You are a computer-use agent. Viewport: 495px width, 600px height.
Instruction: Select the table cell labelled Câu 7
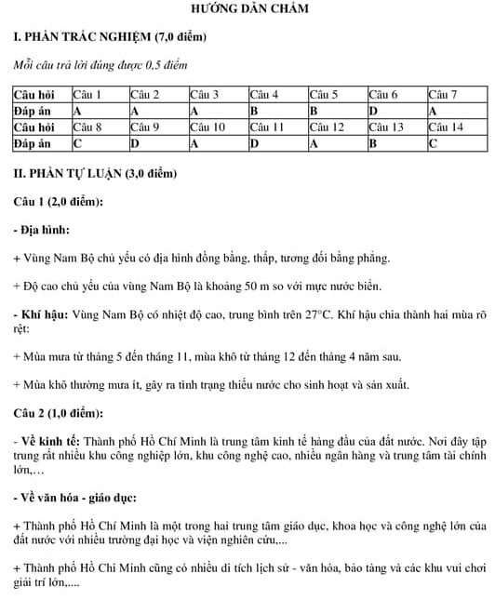(457, 95)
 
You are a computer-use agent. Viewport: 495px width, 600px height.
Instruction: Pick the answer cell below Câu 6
(396, 111)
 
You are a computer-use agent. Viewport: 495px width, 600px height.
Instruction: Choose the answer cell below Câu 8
(99, 143)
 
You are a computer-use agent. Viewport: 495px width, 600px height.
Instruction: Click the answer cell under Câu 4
(277, 111)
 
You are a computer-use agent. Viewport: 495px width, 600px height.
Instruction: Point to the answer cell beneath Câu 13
(396, 143)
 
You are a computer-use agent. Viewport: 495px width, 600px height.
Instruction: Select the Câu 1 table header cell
(99, 95)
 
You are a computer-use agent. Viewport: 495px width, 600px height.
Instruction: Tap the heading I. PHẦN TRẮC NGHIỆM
(108, 37)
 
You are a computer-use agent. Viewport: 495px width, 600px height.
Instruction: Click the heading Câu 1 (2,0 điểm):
(58, 202)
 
